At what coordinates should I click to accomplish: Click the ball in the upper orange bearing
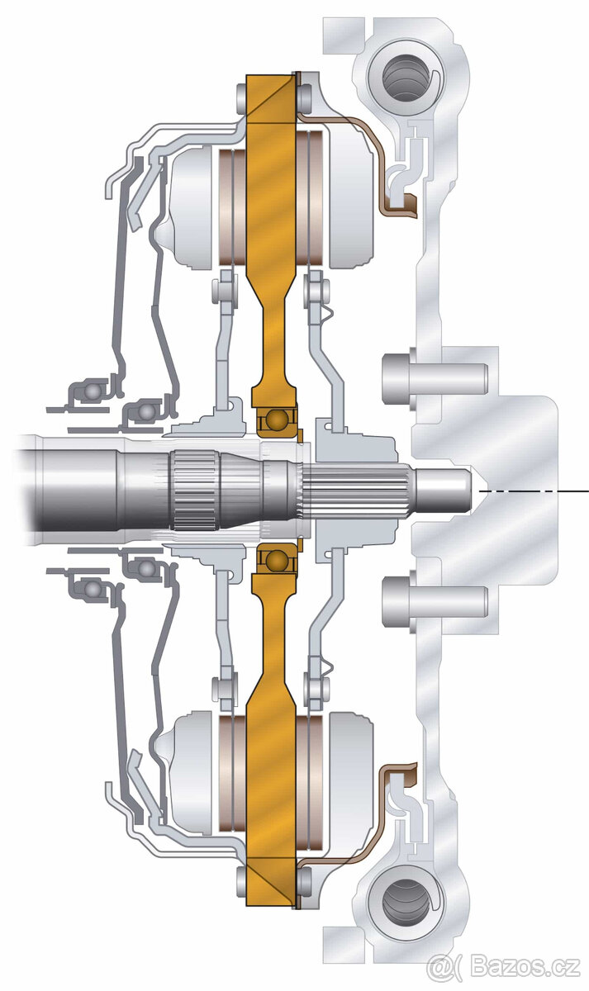[276, 420]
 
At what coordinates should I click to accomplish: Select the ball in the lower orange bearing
[276, 560]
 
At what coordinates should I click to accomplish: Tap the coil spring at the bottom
[406, 901]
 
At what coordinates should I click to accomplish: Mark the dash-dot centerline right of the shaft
[534, 491]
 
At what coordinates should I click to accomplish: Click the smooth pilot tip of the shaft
[443, 491]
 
